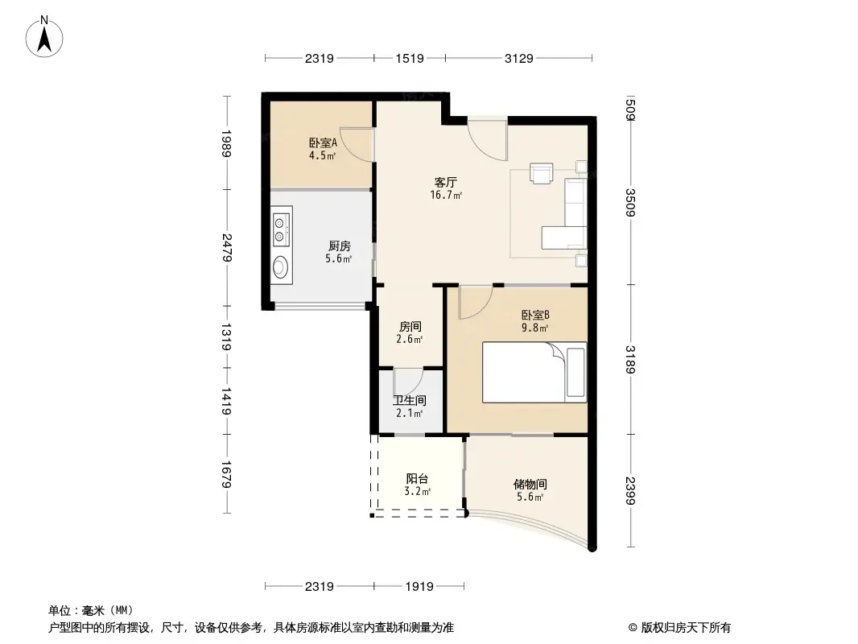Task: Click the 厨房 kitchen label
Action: coord(339,246)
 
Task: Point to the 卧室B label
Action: coord(534,316)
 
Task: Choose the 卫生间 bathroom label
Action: coord(409,400)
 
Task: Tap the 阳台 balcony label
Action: coord(417,478)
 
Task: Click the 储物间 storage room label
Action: coord(530,485)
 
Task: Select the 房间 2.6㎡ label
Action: coord(410,328)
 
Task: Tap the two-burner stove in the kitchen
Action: coord(281,228)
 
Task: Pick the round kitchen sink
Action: coord(281,266)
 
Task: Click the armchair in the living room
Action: coord(541,173)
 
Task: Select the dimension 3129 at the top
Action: coord(518,58)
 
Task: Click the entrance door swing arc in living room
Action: coord(487,141)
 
